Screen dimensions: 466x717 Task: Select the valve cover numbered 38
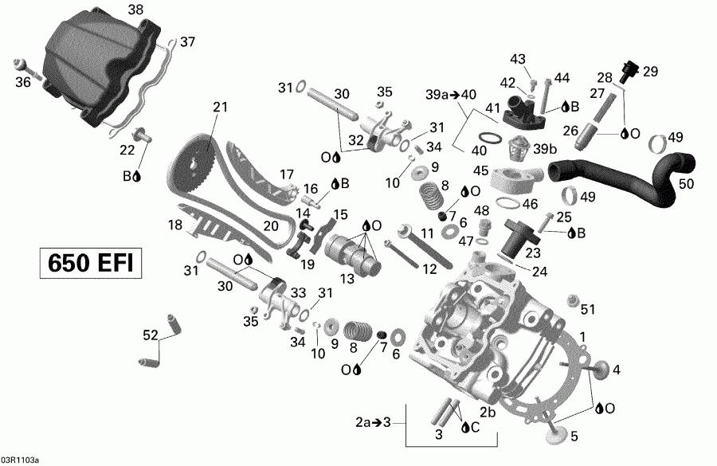point(104,68)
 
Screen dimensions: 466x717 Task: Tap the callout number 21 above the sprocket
point(220,107)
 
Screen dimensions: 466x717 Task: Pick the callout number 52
point(150,335)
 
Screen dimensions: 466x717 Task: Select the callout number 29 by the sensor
point(650,72)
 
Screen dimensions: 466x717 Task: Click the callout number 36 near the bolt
point(23,81)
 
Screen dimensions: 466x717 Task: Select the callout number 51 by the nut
point(588,309)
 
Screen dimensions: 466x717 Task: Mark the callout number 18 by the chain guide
point(175,225)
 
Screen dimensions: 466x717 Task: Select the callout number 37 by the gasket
point(186,41)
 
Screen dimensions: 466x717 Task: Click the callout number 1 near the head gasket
point(582,337)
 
